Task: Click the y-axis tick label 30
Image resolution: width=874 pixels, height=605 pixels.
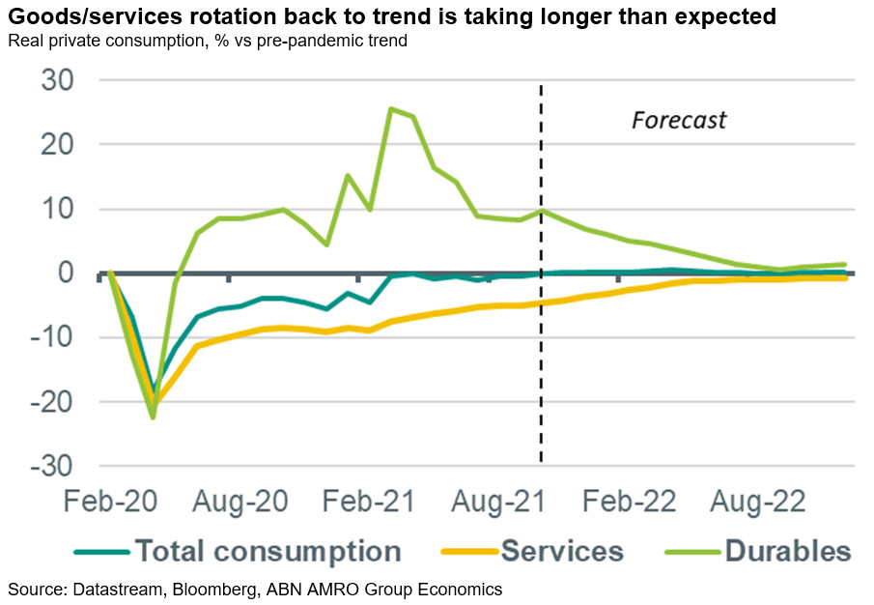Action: [x=60, y=80]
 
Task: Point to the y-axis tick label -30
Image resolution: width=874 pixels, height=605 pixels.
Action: [x=54, y=466]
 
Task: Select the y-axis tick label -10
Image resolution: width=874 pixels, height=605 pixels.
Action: [x=54, y=337]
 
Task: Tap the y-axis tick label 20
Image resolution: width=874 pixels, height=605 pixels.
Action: [x=60, y=144]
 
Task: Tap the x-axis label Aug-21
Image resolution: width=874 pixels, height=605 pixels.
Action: [x=489, y=503]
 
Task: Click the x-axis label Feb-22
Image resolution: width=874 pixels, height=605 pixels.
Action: [x=618, y=503]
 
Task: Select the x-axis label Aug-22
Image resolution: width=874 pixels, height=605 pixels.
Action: [x=747, y=503]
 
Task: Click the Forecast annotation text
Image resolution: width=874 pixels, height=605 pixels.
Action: [x=679, y=121]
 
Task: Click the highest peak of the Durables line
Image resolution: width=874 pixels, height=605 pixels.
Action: [x=391, y=108]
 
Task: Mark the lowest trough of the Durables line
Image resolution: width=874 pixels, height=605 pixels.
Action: [x=153, y=417]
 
